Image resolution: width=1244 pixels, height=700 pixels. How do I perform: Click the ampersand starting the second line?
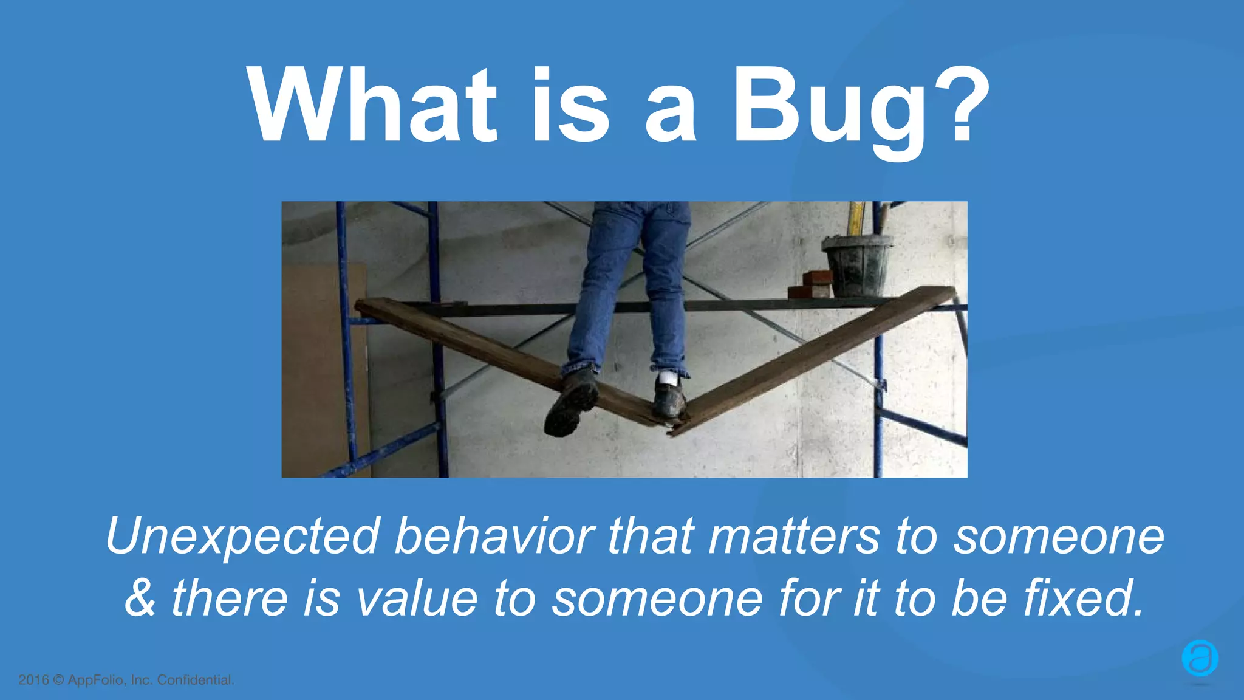pyautogui.click(x=140, y=599)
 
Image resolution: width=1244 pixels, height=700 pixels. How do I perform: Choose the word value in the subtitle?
pyautogui.click(x=416, y=599)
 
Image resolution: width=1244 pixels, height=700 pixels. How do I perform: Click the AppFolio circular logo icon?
pyautogui.click(x=1200, y=658)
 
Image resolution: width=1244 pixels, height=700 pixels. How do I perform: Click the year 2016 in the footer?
pyautogui.click(x=33, y=680)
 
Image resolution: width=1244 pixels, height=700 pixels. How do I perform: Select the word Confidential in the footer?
pyautogui.click(x=195, y=680)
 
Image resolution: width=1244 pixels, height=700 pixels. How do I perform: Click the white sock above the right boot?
pyautogui.click(x=668, y=379)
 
